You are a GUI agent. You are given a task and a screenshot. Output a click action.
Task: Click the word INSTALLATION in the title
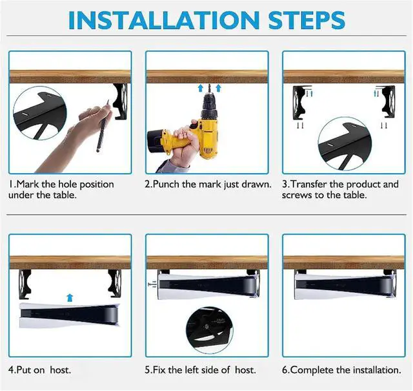coord(164,20)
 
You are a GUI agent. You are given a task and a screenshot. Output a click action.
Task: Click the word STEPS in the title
coord(307,20)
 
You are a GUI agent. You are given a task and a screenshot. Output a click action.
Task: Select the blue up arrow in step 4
coord(70,297)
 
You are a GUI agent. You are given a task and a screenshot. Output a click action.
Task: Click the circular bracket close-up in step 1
coord(40,113)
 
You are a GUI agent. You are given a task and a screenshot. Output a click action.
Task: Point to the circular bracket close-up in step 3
coord(345,143)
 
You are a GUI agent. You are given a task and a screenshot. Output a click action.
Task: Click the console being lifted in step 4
coord(69,315)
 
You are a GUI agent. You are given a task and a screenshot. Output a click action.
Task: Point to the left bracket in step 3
coord(301,102)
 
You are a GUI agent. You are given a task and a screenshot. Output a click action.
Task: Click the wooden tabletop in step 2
coord(207,77)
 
